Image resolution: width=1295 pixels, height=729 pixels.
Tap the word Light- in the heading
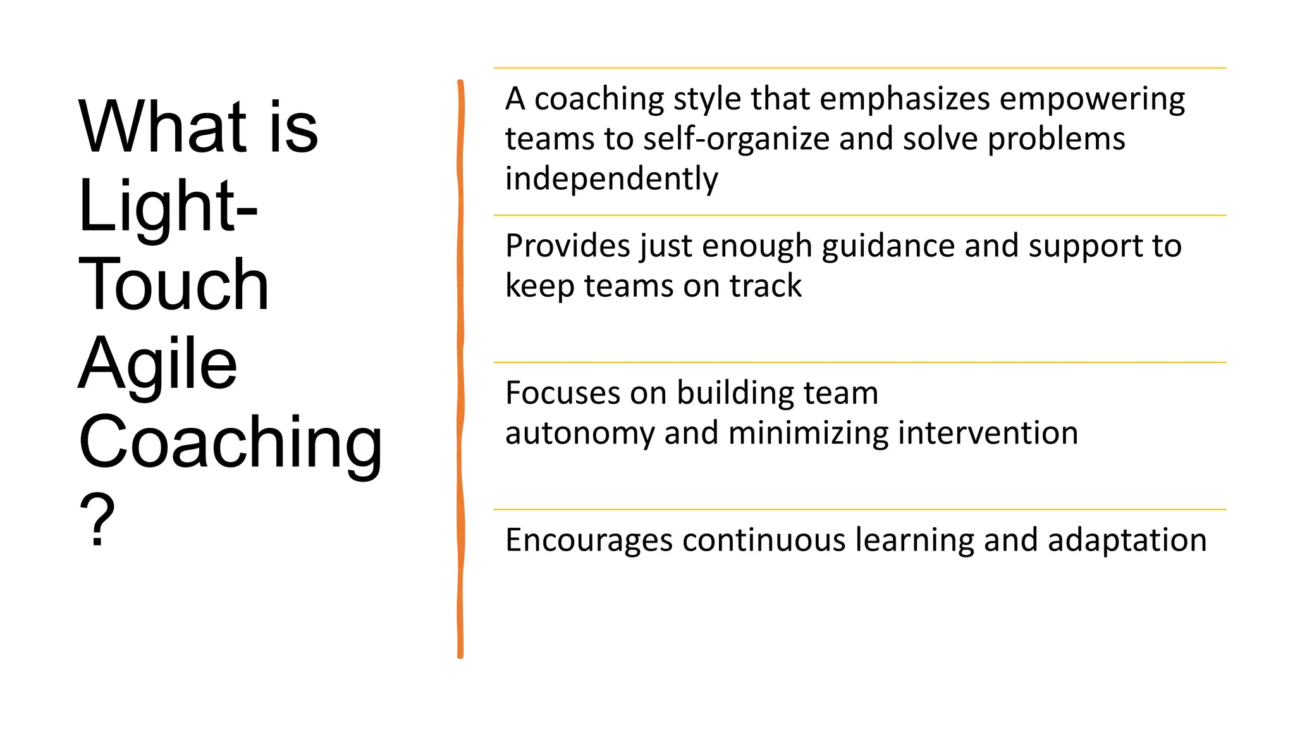click(168, 206)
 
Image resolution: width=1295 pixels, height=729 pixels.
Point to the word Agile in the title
click(157, 364)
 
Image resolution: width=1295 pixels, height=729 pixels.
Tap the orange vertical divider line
click(460, 367)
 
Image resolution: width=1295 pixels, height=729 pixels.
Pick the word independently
click(611, 179)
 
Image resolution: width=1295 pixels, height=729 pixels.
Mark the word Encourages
click(589, 540)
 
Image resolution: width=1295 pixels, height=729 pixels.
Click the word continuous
click(763, 540)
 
